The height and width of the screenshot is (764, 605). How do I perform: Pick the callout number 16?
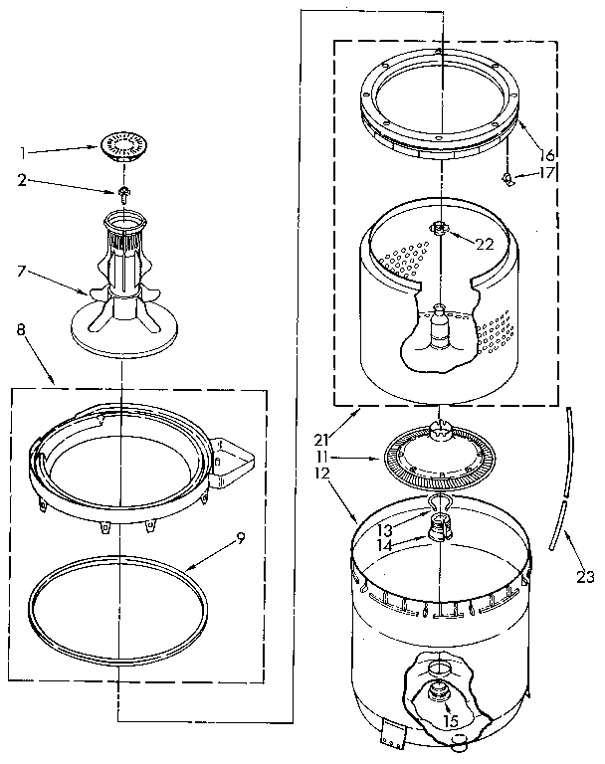[548, 154]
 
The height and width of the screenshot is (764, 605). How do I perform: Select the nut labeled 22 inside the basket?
[438, 230]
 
